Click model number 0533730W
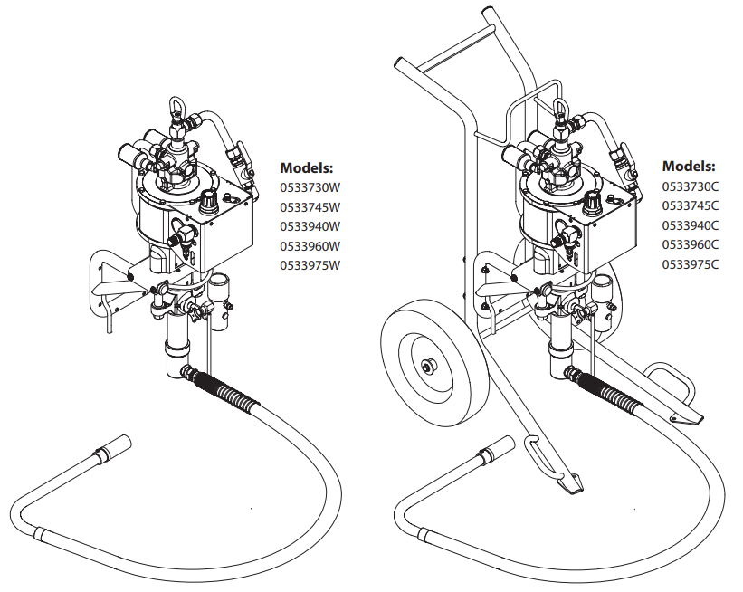310,187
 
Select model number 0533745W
310,207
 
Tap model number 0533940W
310,226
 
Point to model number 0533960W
310,246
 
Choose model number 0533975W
310,265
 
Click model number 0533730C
691,186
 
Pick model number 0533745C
691,205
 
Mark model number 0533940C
691,225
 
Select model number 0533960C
691,244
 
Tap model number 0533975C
691,264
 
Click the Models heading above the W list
307,167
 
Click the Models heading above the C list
689,167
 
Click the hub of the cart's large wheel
428,366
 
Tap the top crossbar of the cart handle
453,46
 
